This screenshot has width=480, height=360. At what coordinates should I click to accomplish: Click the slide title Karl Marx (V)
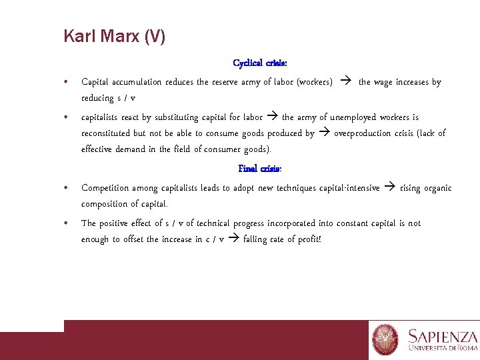click(x=114, y=36)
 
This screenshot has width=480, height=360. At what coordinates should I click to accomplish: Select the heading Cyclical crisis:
click(x=260, y=63)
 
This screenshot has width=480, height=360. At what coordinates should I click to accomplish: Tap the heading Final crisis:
click(x=260, y=169)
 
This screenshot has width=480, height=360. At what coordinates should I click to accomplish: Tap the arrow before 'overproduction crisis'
click(x=324, y=133)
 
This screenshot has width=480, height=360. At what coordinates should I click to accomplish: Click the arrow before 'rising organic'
click(x=390, y=188)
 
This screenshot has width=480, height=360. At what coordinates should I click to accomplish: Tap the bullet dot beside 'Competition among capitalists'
click(x=65, y=188)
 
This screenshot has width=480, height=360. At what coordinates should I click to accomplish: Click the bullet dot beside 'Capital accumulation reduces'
click(x=65, y=82)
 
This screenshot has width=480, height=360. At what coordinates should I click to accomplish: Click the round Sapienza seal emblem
click(x=385, y=339)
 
